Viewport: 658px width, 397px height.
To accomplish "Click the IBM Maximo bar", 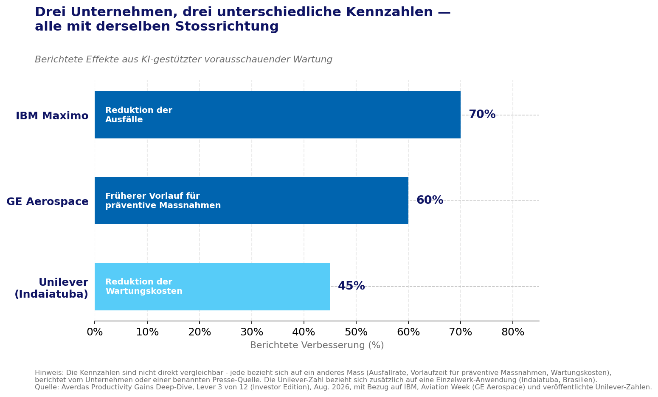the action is tap(278, 115).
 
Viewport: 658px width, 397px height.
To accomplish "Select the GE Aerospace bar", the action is tap(251, 201).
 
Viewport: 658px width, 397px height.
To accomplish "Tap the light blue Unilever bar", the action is tap(212, 287).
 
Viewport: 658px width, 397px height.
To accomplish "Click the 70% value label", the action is tap(482, 114).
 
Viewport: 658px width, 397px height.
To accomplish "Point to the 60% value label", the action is tap(430, 200).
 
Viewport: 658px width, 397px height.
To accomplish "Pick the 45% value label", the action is tap(351, 286).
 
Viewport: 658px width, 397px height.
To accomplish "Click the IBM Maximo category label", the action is tap(52, 116).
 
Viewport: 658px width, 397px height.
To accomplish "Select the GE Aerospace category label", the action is tap(48, 202).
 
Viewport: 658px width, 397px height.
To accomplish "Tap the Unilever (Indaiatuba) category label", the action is tap(51, 288).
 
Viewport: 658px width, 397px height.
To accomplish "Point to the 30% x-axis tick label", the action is tap(252, 332).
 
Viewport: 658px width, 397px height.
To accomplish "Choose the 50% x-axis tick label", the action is tap(356, 332).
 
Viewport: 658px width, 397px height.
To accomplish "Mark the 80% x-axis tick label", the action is tap(513, 332).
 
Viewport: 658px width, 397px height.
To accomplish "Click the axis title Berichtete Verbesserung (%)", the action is tap(317, 345).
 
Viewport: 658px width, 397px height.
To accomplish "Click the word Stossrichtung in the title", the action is tap(227, 26).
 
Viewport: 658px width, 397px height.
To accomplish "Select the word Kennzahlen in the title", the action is tap(389, 12).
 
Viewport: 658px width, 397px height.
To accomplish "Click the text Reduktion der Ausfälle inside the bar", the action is tap(139, 115).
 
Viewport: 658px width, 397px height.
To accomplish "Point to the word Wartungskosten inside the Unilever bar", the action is tap(144, 291).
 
